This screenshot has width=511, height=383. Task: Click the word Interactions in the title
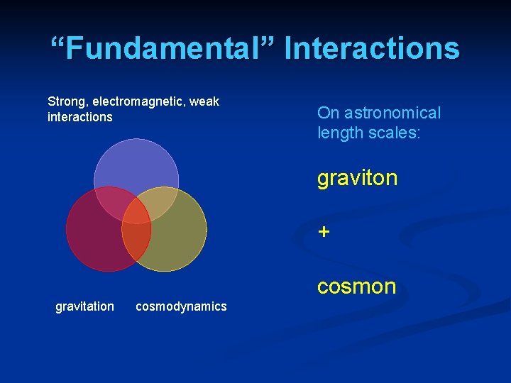[x=372, y=49]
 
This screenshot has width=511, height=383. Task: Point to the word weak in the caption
[x=204, y=101]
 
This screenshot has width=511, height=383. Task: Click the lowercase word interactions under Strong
[x=79, y=117]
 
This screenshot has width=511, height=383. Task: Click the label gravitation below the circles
[x=84, y=306]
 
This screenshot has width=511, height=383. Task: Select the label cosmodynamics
[x=181, y=306]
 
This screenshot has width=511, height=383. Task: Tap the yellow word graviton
[x=357, y=178]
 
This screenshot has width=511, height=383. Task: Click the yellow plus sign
[x=324, y=232]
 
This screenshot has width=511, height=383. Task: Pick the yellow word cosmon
[x=356, y=287]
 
